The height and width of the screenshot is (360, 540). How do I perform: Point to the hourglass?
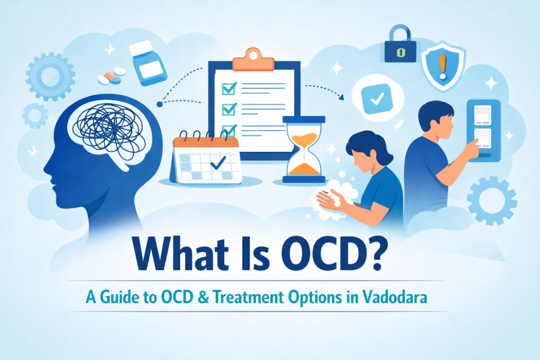click(x=304, y=150)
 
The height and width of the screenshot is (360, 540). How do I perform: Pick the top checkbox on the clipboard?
click(x=228, y=89)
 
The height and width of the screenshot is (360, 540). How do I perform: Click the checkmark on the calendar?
click(x=217, y=164)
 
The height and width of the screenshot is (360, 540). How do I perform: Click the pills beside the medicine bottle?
click(x=112, y=75)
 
